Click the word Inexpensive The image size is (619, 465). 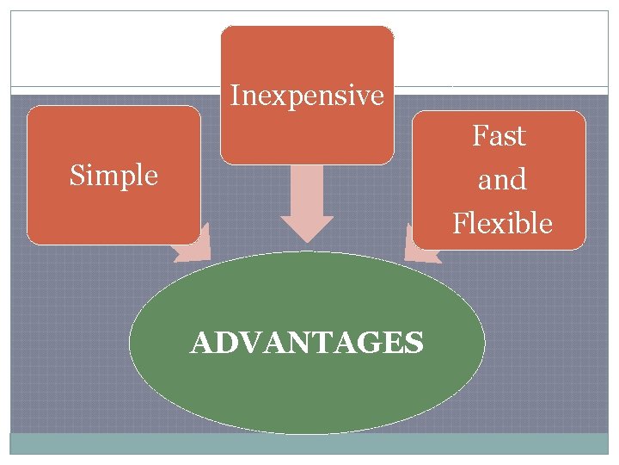coord(307,96)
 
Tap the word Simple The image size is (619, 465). coord(113,176)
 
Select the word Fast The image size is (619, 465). coord(499,136)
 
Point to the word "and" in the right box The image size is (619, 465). coord(502,180)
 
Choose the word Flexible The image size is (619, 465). coord(502,224)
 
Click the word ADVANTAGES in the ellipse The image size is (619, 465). coord(307,344)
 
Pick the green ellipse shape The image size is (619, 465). coord(307,387)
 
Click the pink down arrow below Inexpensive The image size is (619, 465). coord(307,207)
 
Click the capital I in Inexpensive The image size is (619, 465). coord(235,96)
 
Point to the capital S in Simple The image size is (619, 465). coord(76,176)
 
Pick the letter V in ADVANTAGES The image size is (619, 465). coord(249,344)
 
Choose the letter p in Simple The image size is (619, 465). coord(126,178)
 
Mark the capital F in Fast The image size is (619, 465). coord(479,136)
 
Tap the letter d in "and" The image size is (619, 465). coord(518,180)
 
